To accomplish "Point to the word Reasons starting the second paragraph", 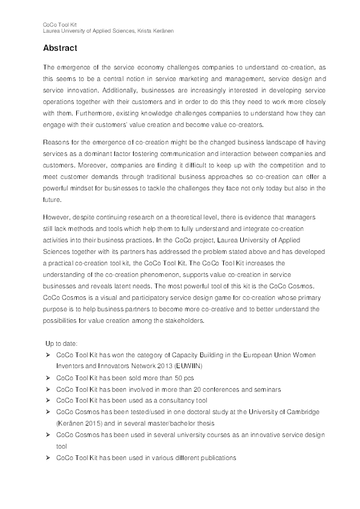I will pyautogui.click(x=57, y=142).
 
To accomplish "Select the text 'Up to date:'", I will pyautogui.click(x=62, y=343).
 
